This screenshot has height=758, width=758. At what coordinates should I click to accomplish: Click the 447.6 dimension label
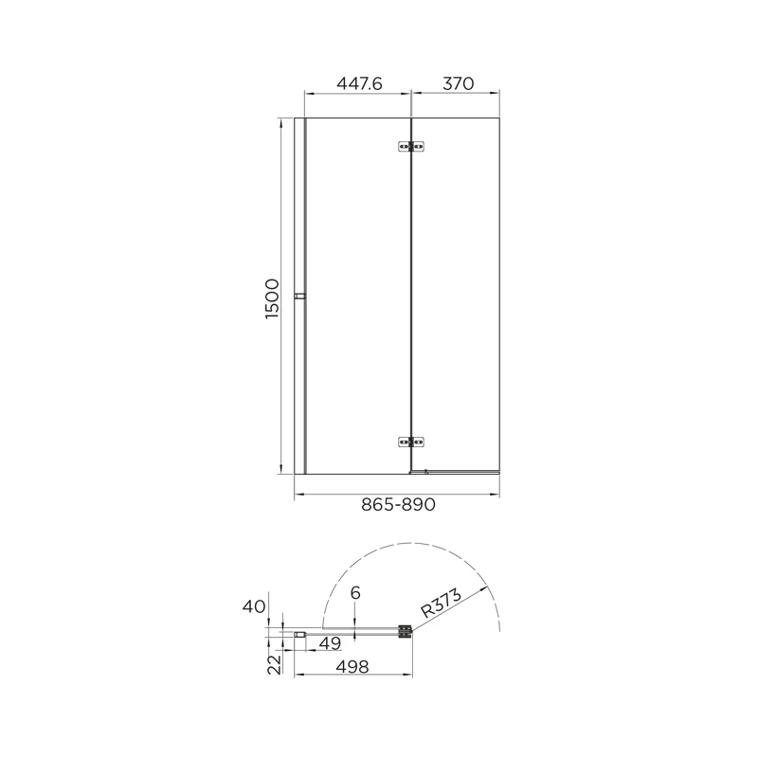(x=359, y=83)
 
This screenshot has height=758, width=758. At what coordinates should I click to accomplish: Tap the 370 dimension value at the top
(x=457, y=83)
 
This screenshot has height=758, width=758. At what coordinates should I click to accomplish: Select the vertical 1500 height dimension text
(x=272, y=298)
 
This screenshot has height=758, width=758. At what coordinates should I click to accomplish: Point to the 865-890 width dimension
(x=398, y=505)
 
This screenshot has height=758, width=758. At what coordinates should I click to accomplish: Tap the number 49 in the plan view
(x=329, y=644)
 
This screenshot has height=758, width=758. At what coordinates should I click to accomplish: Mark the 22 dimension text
(x=273, y=663)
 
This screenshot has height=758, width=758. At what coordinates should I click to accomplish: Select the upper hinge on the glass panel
(x=410, y=146)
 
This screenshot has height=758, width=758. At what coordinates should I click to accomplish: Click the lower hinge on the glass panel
(x=410, y=441)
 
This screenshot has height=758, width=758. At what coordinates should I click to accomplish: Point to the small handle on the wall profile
(x=299, y=298)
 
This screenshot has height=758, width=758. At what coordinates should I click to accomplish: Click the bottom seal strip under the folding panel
(x=455, y=471)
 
